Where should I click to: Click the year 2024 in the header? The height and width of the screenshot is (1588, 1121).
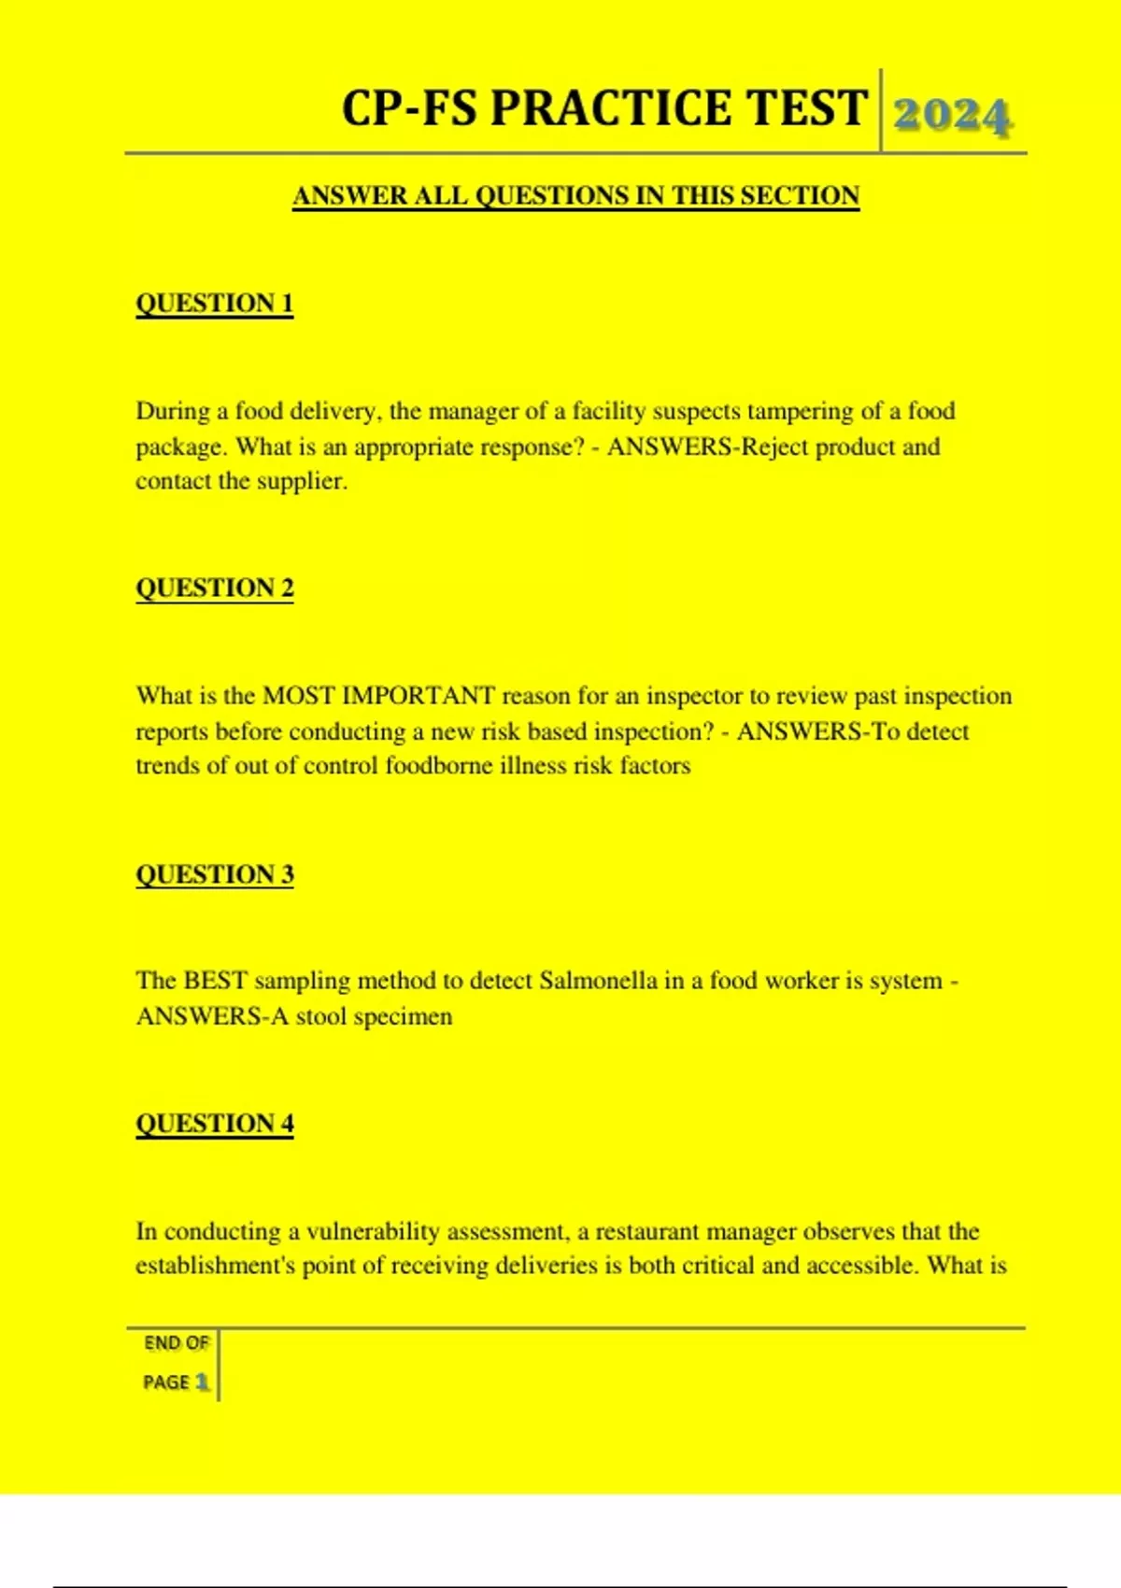pos(952,116)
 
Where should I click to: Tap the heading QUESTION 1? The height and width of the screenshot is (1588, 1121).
pos(215,304)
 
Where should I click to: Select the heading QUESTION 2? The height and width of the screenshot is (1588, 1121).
pos(215,588)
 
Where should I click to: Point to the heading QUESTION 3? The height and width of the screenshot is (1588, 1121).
pos(215,874)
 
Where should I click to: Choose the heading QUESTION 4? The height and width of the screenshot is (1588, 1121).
pos(215,1123)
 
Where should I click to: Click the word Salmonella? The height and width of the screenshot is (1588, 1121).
pos(598,981)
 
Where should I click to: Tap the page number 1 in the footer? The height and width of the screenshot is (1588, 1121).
pos(202,1382)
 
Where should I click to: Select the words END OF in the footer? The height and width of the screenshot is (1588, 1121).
pos(176,1343)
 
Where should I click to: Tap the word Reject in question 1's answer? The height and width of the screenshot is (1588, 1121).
pos(774,447)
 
